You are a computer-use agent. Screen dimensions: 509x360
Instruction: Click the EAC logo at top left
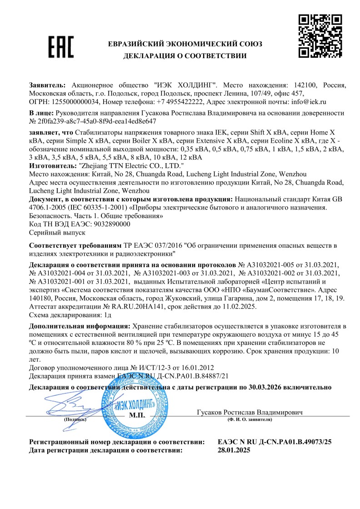(x=60, y=46)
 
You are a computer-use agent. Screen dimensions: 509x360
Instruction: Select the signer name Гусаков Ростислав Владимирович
(x=250, y=412)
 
